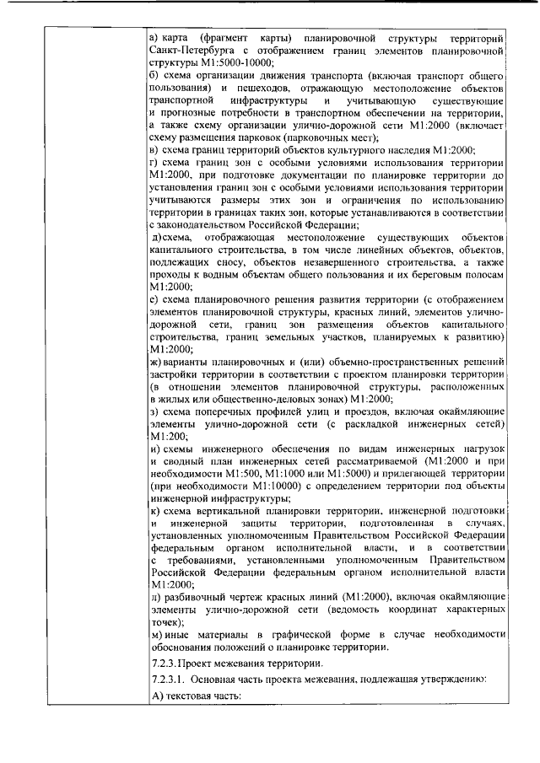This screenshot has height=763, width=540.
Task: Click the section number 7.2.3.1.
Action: (x=167, y=679)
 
